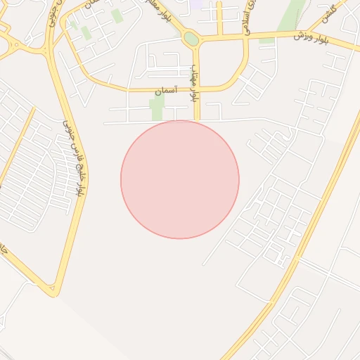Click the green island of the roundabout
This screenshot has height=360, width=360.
191,39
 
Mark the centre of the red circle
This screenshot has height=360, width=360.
180,179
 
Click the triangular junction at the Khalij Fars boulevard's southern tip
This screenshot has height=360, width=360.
51,288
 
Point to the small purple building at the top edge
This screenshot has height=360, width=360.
196,4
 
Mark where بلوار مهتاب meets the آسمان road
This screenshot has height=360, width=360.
197,89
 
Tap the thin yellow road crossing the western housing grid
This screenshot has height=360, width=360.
17,148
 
